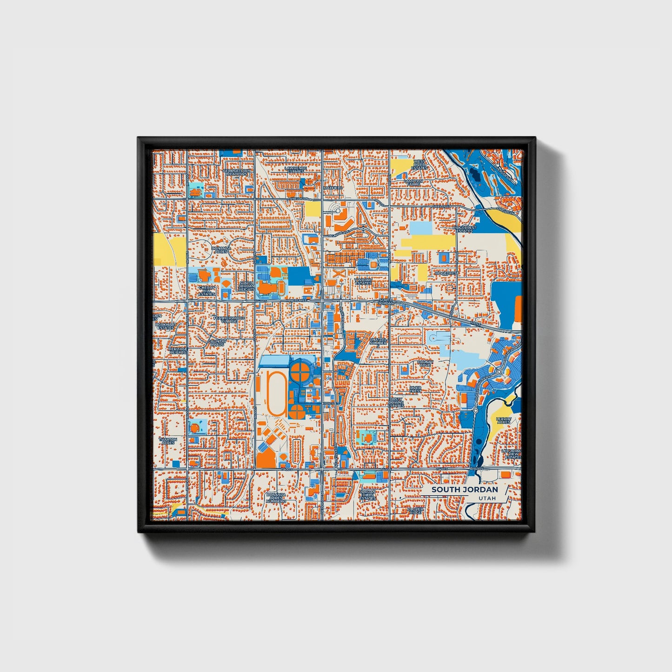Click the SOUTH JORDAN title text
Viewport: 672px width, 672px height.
pyautogui.click(x=464, y=489)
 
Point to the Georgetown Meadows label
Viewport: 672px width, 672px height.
pyautogui.click(x=236, y=172)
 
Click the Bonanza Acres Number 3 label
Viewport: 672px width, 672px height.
pyautogui.click(x=276, y=498)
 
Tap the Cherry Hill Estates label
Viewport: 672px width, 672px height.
pyautogui.click(x=207, y=291)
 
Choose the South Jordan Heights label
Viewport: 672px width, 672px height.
pyautogui.click(x=246, y=286)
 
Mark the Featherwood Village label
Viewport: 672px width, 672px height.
pyautogui.click(x=228, y=319)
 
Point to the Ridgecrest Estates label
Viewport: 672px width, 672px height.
pyautogui.click(x=465, y=229)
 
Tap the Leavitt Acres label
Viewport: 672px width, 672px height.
pyautogui.click(x=504, y=420)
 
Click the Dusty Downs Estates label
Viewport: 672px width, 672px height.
pyautogui.click(x=397, y=402)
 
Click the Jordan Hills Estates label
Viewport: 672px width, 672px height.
pyautogui.click(x=368, y=495)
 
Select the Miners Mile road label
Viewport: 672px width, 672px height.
pyautogui.click(x=297, y=301)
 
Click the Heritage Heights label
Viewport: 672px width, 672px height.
pyautogui.click(x=178, y=351)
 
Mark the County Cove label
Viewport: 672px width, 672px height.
pyautogui.click(x=425, y=363)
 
